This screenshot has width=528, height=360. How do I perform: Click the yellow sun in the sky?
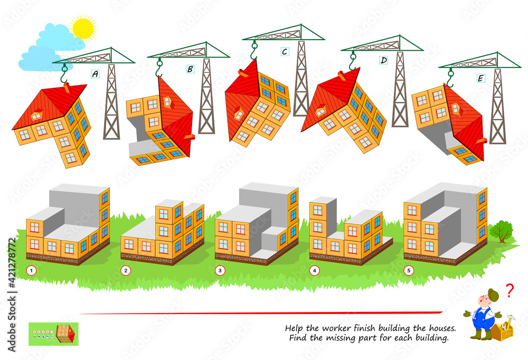pyautogui.click(x=83, y=27)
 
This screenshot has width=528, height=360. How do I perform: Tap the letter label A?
pyautogui.click(x=95, y=74)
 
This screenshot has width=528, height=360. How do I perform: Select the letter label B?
pyautogui.click(x=190, y=69)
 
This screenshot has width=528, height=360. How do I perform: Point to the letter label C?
pyautogui.click(x=285, y=52)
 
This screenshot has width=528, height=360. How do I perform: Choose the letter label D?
pyautogui.click(x=383, y=61)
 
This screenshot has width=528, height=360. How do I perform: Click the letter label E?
pyautogui.click(x=480, y=78)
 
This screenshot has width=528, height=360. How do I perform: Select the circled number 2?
pyautogui.click(x=126, y=271)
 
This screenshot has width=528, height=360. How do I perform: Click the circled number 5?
pyautogui.click(x=409, y=271)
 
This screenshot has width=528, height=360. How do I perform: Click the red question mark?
pyautogui.click(x=510, y=290)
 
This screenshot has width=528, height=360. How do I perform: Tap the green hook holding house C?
pyautogui.click(x=254, y=51)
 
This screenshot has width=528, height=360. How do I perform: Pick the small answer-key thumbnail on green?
pyautogui.click(x=53, y=334)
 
